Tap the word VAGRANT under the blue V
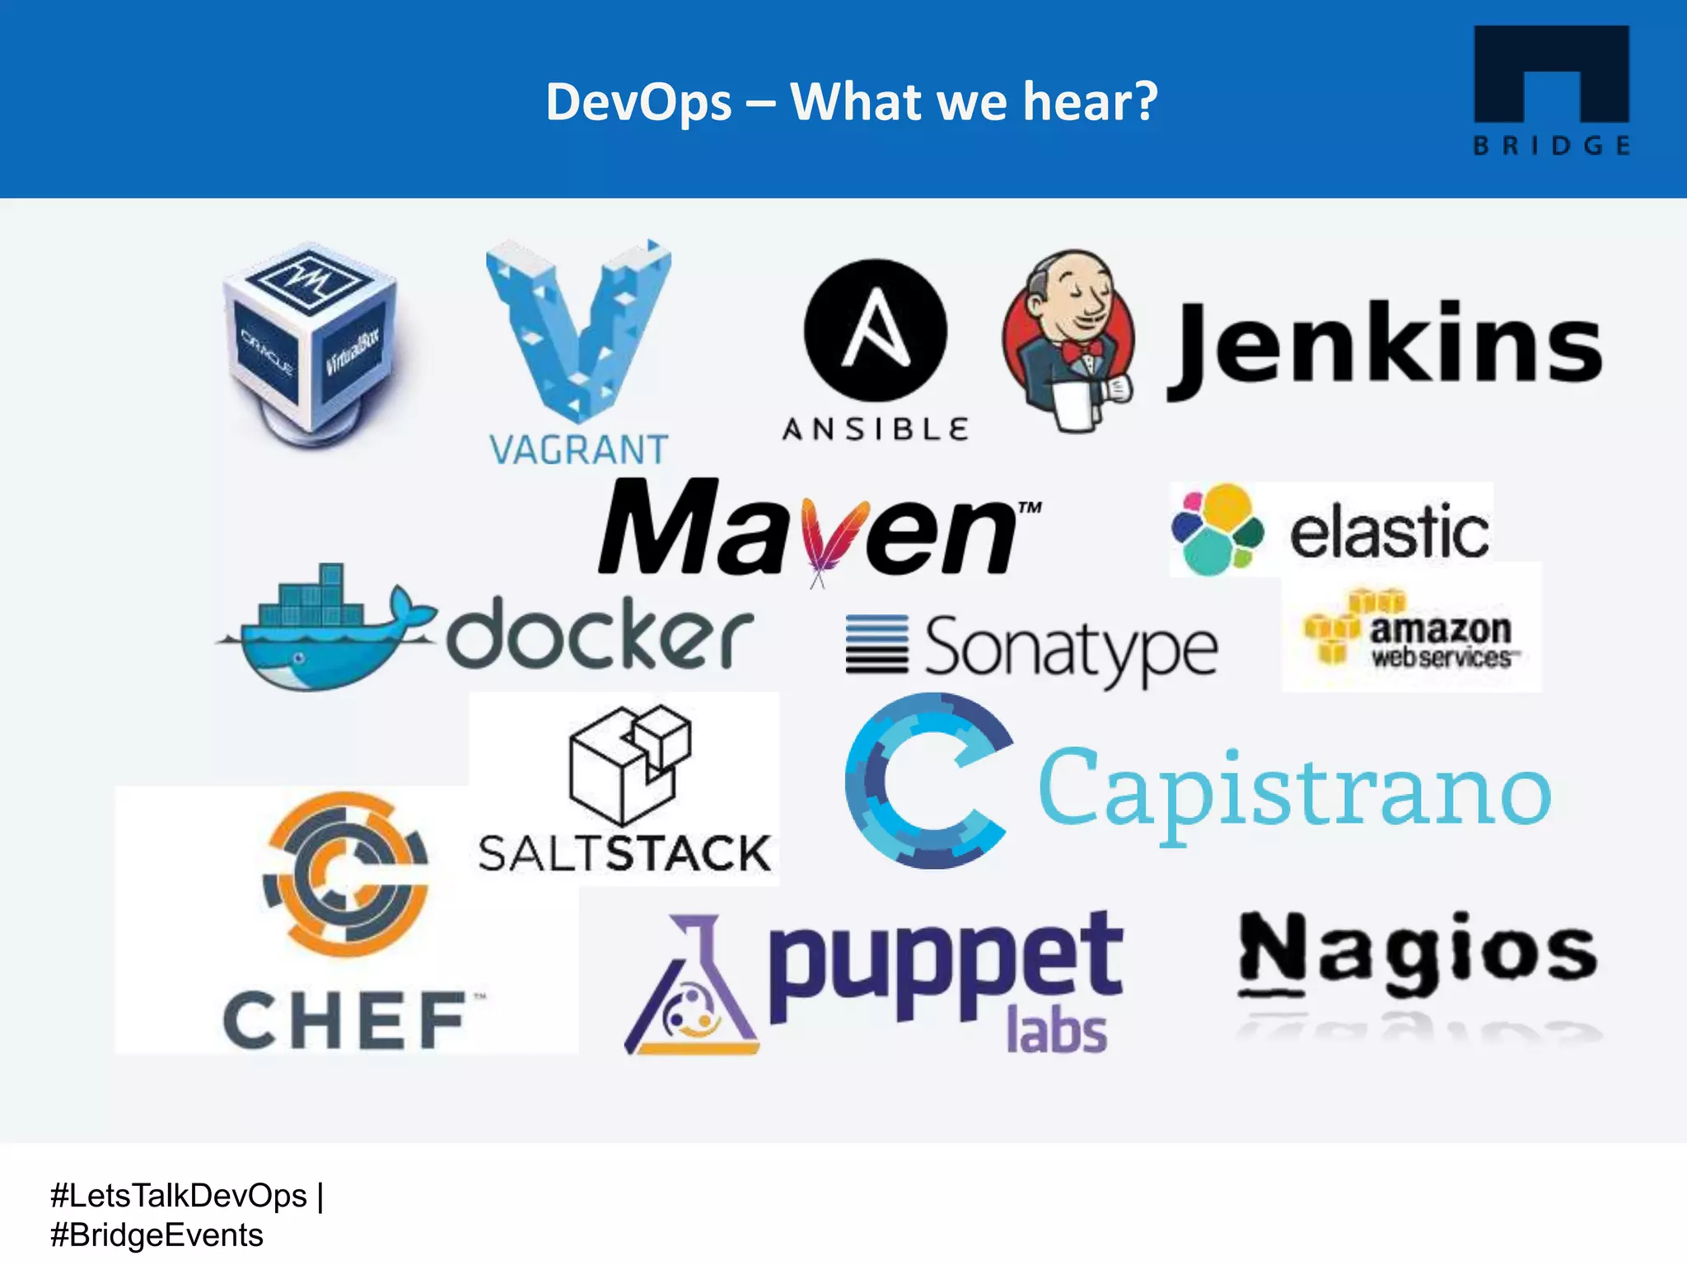(x=578, y=450)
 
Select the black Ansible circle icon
(x=875, y=330)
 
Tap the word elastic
(x=1389, y=531)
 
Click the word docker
(x=600, y=635)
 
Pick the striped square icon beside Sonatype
(x=876, y=645)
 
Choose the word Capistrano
(x=1294, y=791)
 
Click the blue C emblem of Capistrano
(x=928, y=780)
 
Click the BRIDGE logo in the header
(x=1551, y=90)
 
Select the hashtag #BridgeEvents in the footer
(x=157, y=1235)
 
